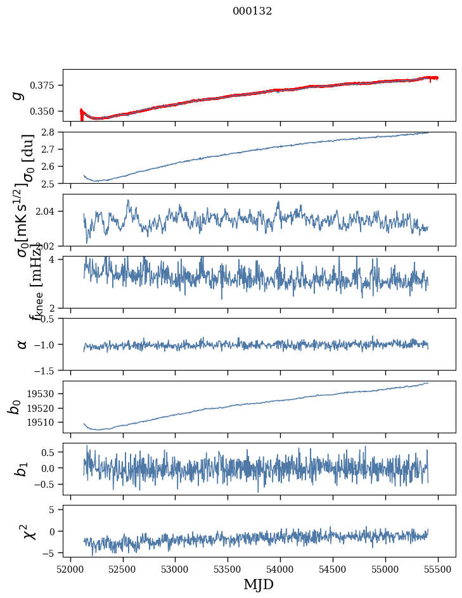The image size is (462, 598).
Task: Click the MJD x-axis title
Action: [259, 584]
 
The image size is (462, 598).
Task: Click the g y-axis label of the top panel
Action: [19, 95]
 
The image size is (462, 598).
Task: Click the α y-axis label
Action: [22, 344]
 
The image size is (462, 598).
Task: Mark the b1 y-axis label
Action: [22, 469]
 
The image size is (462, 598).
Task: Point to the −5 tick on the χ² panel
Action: [51, 553]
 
